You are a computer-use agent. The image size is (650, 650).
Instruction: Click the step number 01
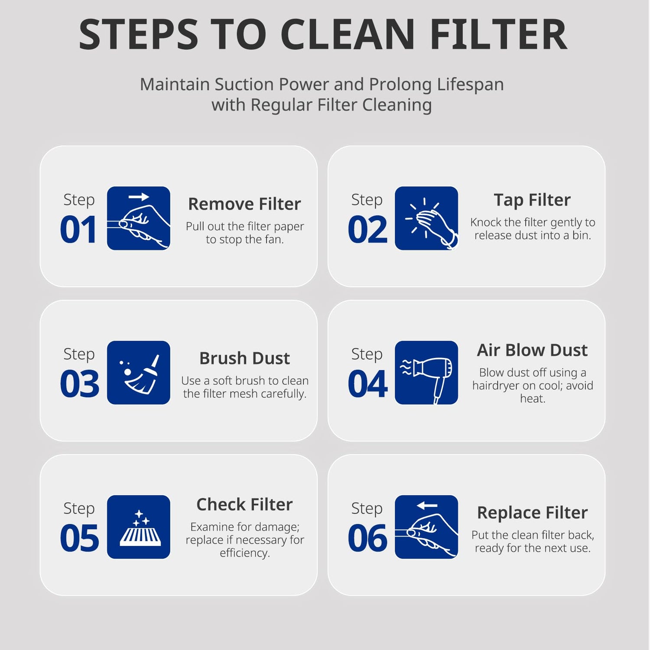[78, 229]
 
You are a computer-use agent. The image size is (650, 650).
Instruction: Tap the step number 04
[367, 383]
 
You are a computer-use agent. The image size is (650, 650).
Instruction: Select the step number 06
[367, 538]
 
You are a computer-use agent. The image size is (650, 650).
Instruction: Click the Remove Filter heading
[244, 204]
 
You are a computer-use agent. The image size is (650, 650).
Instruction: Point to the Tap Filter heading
[532, 200]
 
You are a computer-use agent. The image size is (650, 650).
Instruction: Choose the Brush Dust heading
[244, 358]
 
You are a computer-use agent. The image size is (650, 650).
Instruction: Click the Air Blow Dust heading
[532, 350]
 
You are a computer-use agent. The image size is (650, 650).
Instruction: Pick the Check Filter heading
[244, 504]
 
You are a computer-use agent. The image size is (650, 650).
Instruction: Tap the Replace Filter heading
[532, 513]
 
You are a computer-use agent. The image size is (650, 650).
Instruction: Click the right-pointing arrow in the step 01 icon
[139, 197]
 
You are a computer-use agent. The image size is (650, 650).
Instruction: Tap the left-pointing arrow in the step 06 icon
[427, 505]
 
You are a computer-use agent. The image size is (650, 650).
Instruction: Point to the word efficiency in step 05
[244, 553]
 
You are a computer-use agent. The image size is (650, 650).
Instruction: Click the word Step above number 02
[367, 200]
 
